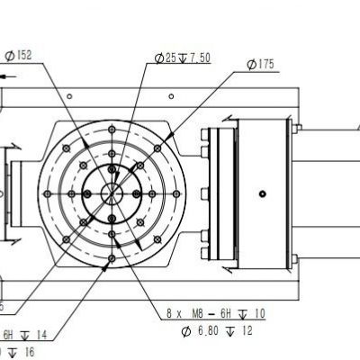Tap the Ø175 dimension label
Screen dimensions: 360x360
261,65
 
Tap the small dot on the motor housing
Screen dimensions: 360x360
262,193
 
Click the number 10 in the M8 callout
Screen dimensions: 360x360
259,314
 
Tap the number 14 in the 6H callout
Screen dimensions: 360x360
40,334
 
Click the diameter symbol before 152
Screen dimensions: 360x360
8,56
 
